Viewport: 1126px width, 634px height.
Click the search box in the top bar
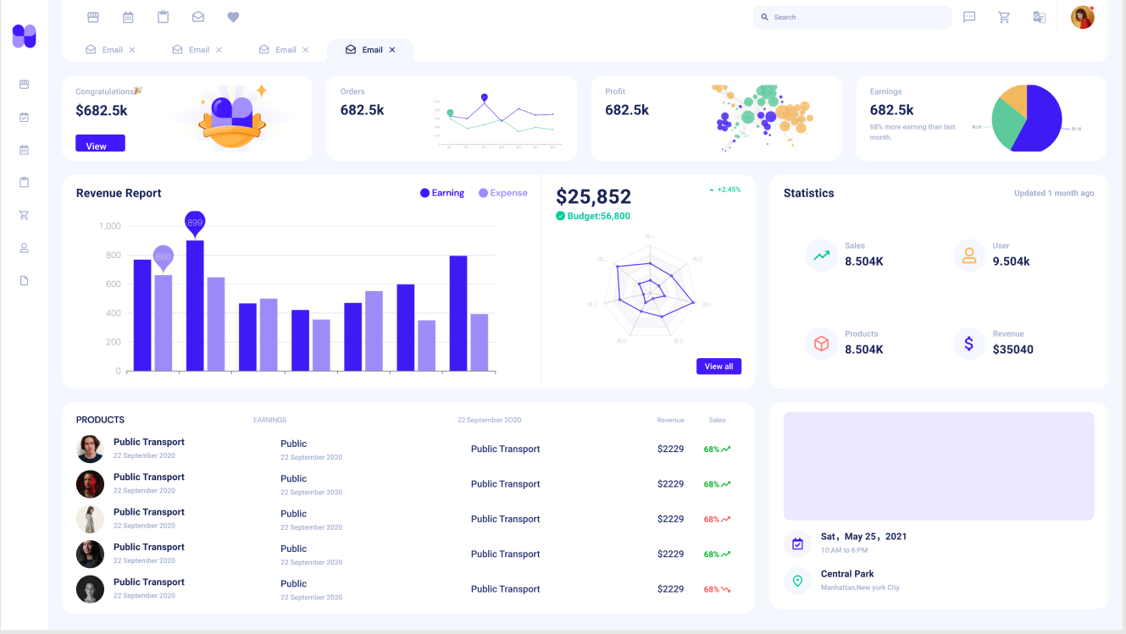click(x=851, y=17)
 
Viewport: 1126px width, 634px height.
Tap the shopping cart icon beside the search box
click(x=1004, y=17)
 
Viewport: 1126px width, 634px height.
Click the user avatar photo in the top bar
click(x=1082, y=17)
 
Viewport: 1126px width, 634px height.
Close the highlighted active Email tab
click(x=392, y=50)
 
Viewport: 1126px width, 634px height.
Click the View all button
click(x=718, y=367)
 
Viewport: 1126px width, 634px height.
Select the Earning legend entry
click(x=442, y=193)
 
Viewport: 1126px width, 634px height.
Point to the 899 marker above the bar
click(x=195, y=222)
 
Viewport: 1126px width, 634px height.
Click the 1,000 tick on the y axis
click(x=110, y=226)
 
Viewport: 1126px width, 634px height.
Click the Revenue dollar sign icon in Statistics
click(x=968, y=343)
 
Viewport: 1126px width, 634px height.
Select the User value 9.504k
click(x=1011, y=262)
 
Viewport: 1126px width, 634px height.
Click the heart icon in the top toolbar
click(x=233, y=17)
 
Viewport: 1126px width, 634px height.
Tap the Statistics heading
click(x=808, y=193)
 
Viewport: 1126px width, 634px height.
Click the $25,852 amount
click(x=593, y=196)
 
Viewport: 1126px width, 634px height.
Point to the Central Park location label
click(x=847, y=574)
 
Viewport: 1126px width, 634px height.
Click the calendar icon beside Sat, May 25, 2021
click(x=797, y=543)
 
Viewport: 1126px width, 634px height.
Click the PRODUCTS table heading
click(x=100, y=420)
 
